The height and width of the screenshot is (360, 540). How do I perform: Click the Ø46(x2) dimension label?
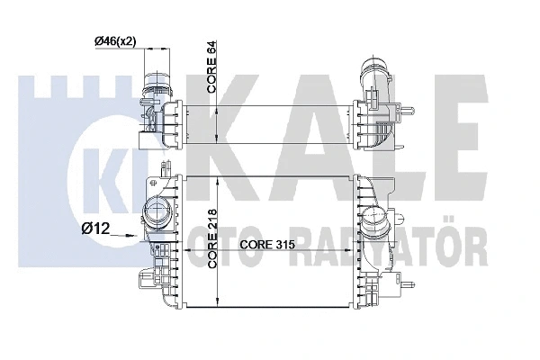(x=115, y=41)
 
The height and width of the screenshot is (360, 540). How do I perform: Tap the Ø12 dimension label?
(x=95, y=228)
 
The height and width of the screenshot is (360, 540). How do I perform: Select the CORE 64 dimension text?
(x=211, y=67)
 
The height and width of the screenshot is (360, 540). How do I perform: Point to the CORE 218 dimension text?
(x=211, y=238)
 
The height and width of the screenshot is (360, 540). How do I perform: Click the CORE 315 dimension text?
(x=267, y=245)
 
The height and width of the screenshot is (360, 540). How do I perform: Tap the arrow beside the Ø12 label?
(x=123, y=235)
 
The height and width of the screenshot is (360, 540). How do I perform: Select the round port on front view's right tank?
(x=373, y=220)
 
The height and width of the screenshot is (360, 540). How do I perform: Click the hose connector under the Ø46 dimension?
(x=157, y=85)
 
